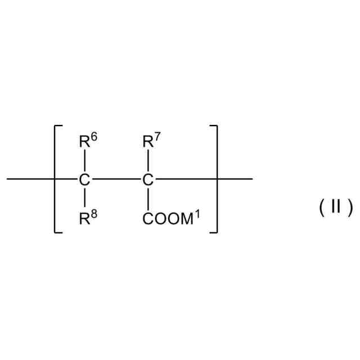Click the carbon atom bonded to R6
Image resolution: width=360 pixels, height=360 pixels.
pyautogui.click(x=84, y=181)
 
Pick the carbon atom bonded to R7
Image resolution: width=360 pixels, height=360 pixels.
pyautogui.click(x=148, y=181)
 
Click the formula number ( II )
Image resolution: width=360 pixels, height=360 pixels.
pyautogui.click(x=336, y=208)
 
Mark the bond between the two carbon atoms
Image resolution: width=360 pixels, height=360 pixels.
pyautogui.click(x=116, y=180)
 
